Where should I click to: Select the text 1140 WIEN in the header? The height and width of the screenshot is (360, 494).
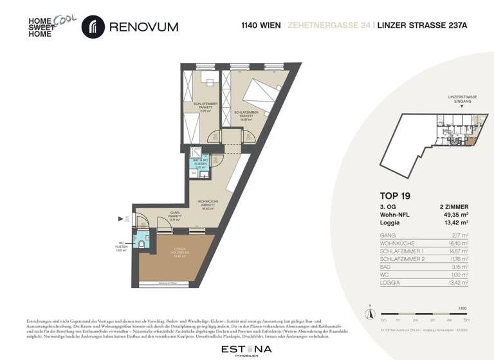[259, 27]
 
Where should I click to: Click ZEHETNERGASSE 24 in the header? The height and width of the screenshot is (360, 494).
[320, 27]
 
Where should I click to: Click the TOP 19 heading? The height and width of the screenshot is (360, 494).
[396, 195]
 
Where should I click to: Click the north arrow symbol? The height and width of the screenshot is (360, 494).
[369, 313]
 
